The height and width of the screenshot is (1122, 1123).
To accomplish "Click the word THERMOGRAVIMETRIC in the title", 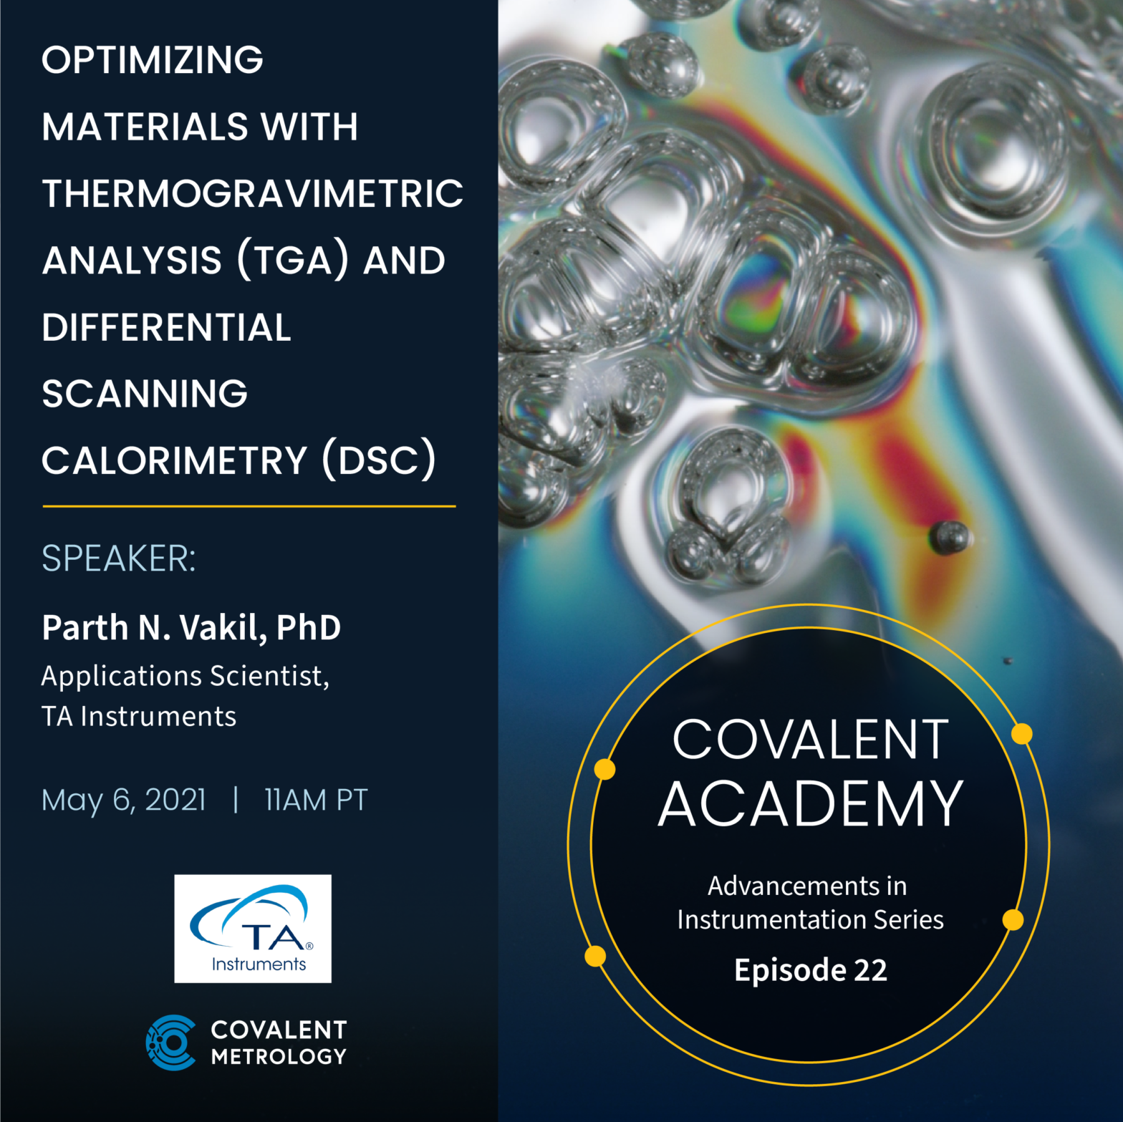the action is click(253, 193).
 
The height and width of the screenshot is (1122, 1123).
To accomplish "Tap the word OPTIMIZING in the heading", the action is click(153, 59).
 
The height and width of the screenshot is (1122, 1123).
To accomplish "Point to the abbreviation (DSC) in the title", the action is click(379, 460).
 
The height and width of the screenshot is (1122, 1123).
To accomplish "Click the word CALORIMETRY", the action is click(174, 460).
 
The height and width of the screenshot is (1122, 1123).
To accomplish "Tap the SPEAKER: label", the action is click(119, 558).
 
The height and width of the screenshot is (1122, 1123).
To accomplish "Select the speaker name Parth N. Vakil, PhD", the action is click(191, 627).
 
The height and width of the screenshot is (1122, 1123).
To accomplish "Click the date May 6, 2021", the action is click(124, 800).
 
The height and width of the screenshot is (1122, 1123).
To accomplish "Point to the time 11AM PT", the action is click(316, 800).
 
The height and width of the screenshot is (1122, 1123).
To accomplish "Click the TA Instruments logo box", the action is click(253, 929).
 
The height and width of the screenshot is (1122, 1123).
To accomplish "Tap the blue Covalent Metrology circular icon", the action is click(170, 1043).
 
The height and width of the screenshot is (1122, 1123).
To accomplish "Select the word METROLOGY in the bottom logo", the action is click(279, 1056).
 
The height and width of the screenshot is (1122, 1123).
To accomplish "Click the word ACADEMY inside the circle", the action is click(810, 804).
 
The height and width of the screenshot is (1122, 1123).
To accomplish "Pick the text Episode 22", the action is click(811, 970).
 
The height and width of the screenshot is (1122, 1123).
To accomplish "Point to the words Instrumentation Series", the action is click(811, 919).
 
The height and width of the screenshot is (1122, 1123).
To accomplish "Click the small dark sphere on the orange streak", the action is click(949, 537).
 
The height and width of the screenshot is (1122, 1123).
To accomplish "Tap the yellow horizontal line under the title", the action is click(249, 506).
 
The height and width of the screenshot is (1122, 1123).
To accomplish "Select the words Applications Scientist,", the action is click(185, 676).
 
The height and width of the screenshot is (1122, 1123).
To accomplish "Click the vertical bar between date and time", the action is click(236, 800).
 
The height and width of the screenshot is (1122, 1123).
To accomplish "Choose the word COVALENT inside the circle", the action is click(811, 740).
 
